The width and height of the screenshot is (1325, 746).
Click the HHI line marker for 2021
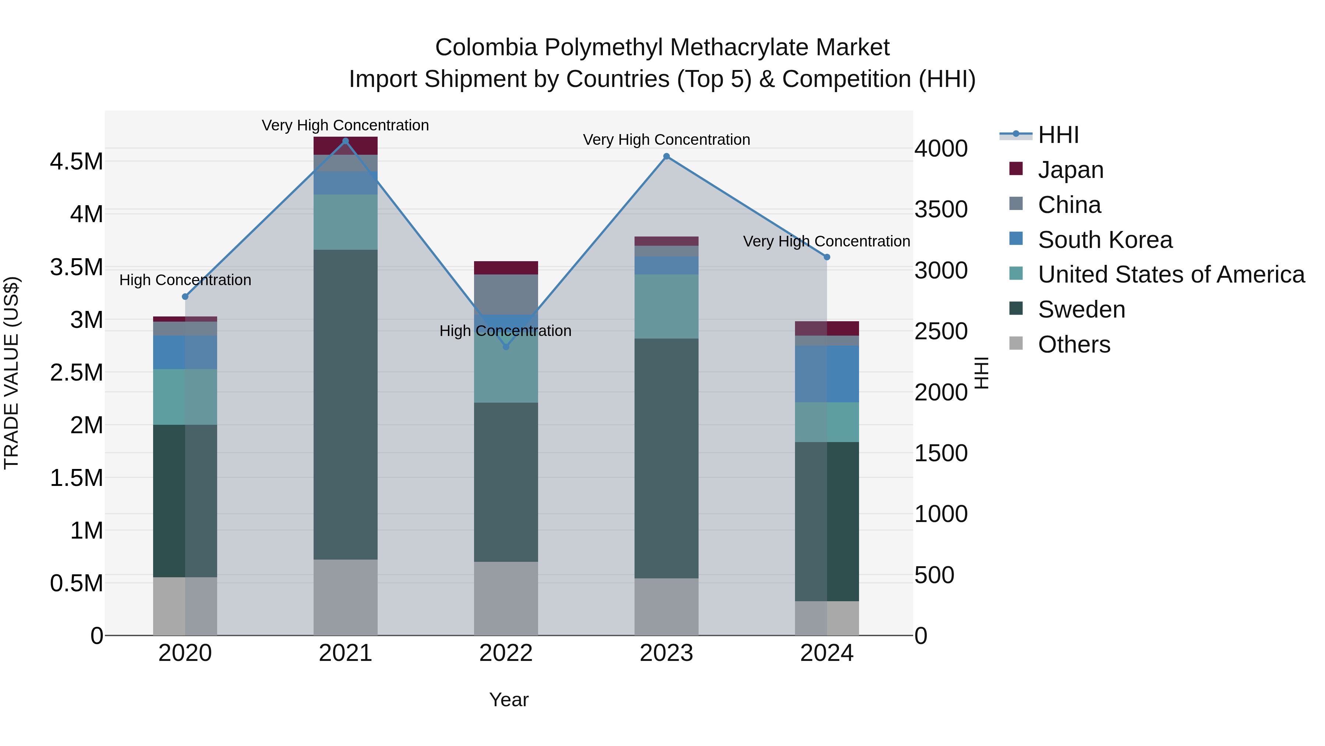tap(346, 141)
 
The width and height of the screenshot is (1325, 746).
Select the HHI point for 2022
tap(506, 347)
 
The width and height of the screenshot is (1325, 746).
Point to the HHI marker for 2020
tap(185, 297)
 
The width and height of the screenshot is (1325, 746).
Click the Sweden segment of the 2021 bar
tap(346, 404)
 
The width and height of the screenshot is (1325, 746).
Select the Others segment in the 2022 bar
tap(506, 598)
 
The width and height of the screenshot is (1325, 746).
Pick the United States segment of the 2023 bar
tap(667, 307)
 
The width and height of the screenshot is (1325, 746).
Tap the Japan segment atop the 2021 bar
tap(346, 146)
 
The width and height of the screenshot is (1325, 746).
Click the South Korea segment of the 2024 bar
tap(827, 374)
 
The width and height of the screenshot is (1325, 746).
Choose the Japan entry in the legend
tap(1070, 170)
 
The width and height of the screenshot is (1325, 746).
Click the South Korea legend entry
tap(1105, 240)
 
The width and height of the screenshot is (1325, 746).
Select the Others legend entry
tap(1074, 344)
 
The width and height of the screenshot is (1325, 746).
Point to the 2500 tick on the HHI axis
tap(941, 331)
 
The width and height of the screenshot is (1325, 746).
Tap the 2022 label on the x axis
tap(506, 653)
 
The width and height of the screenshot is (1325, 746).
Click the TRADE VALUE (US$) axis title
tap(11, 373)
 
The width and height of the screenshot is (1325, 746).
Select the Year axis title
tap(509, 700)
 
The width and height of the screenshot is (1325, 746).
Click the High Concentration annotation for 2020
tap(185, 280)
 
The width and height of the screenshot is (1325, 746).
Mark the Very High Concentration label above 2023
tap(667, 140)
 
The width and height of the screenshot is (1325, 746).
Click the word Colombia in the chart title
tap(486, 48)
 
